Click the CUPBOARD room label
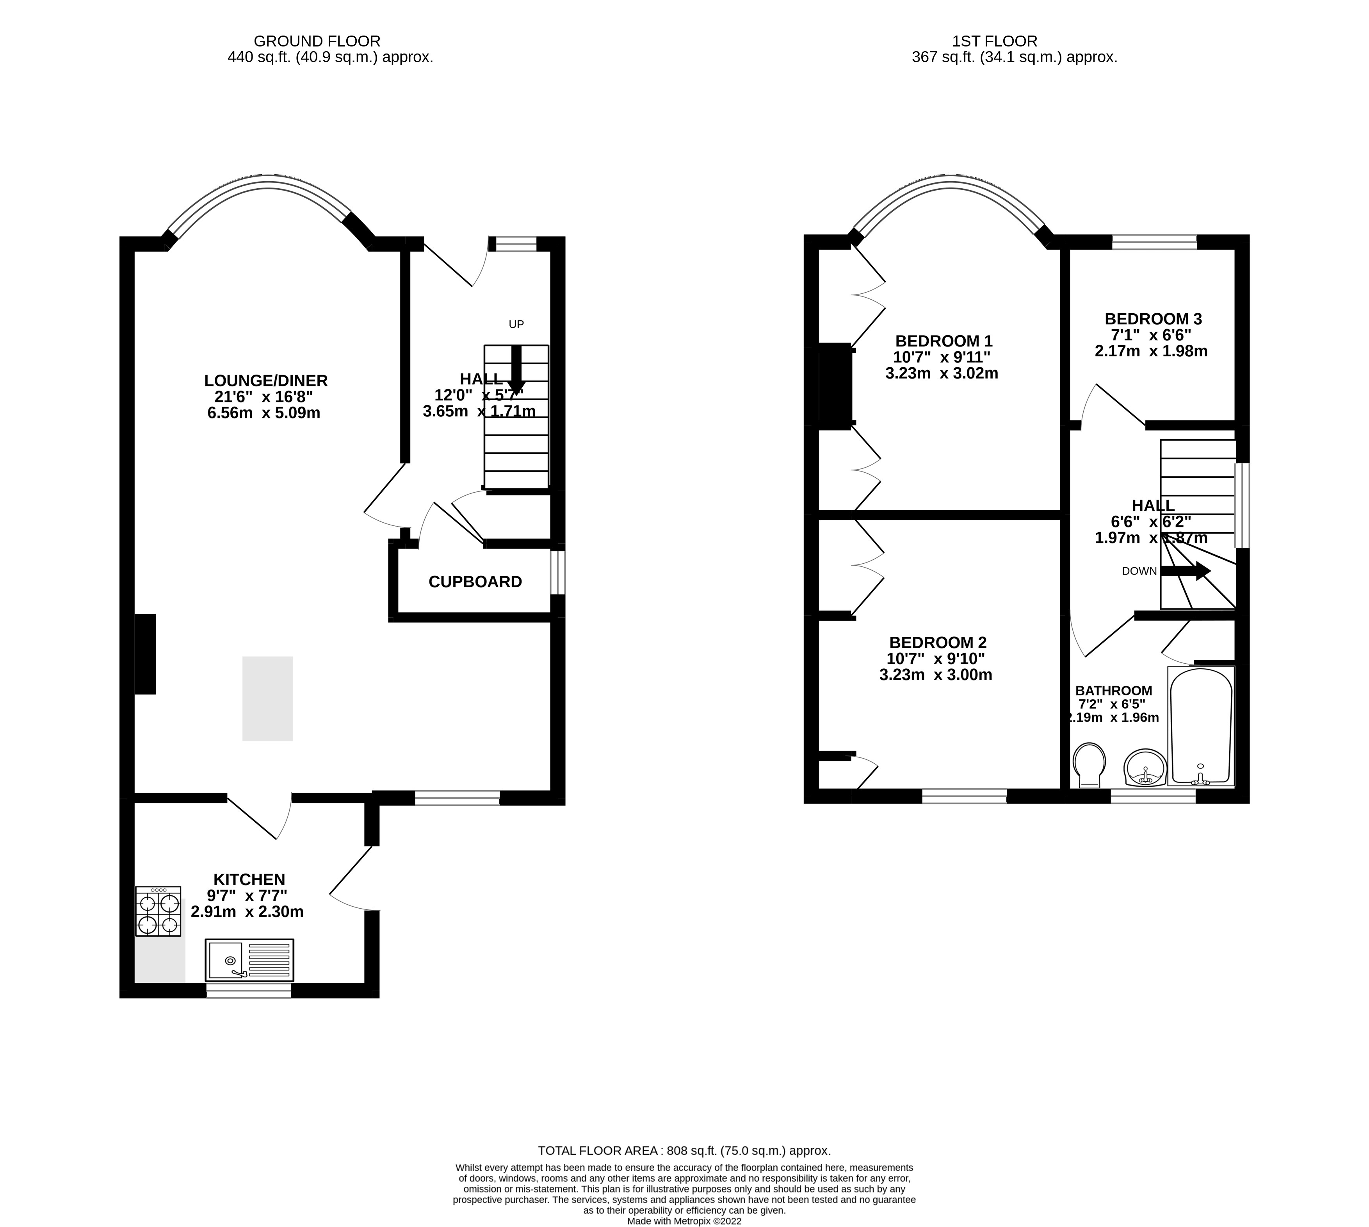475,582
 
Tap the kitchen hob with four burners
158,911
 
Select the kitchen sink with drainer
249,960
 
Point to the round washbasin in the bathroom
1145,768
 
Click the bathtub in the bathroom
1201,726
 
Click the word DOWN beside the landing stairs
1139,572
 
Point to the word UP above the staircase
516,324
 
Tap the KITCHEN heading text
249,879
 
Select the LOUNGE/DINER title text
265,380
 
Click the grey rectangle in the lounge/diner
267,698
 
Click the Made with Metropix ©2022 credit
684,1221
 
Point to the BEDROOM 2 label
937,643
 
